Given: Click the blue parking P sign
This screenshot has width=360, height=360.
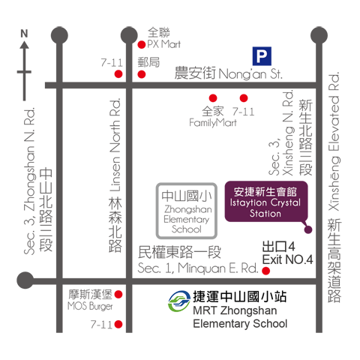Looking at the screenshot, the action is click(x=262, y=56).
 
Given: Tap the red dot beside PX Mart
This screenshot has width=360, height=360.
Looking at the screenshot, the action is click(x=142, y=45).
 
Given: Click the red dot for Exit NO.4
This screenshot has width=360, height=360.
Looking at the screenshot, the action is click(x=266, y=271).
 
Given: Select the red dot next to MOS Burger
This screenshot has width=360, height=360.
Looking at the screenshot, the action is click(x=118, y=295).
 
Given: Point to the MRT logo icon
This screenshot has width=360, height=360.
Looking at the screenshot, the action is click(x=179, y=301).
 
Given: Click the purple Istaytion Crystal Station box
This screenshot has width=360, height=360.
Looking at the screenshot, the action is click(x=266, y=202).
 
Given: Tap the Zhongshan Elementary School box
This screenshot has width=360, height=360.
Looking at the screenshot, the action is click(x=187, y=211).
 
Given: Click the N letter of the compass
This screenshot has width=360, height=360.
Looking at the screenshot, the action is click(x=24, y=34).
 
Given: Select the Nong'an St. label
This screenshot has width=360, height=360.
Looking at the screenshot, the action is click(x=250, y=74).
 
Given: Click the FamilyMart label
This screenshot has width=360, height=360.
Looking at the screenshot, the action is click(x=213, y=123).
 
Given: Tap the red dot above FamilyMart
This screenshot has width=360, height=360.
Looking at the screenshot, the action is click(x=213, y=98).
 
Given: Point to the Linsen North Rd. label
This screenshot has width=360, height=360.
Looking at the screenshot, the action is click(x=115, y=145).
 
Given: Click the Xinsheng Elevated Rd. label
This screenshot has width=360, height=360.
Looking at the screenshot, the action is click(x=334, y=142).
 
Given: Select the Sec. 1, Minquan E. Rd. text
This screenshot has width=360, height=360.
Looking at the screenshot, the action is click(x=198, y=268).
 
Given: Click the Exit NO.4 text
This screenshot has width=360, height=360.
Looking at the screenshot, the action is click(x=287, y=259).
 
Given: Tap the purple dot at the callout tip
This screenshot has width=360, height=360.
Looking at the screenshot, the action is click(x=308, y=229).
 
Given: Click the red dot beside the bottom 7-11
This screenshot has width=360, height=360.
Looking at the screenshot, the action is click(x=118, y=324).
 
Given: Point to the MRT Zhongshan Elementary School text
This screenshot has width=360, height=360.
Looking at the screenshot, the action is click(x=240, y=317).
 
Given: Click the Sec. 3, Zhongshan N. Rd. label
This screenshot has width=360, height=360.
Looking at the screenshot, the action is click(x=29, y=181).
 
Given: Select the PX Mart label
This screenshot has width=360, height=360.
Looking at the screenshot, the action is click(x=163, y=44).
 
